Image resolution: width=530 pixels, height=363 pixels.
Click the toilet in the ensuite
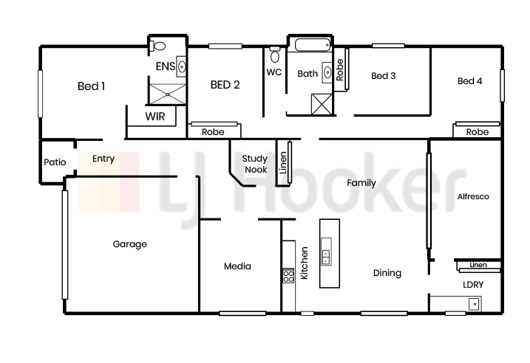(x=157, y=46)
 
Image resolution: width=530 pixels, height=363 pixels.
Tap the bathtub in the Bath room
(x=313, y=45)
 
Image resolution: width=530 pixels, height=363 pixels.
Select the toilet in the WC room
(x=275, y=55)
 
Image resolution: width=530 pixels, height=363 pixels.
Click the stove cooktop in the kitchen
(x=289, y=275)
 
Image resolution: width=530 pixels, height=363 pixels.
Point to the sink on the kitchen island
(x=326, y=252)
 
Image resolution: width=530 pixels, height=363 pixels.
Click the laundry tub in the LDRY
(x=475, y=304)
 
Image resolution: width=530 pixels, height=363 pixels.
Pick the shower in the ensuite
(x=168, y=94)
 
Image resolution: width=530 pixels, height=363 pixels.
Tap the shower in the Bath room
(x=322, y=104)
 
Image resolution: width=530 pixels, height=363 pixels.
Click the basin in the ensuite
(x=182, y=66)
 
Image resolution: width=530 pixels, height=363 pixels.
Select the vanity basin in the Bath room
(x=327, y=72)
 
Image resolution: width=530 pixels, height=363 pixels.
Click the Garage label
(x=130, y=244)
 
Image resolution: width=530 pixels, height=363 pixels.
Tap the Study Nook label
(x=255, y=164)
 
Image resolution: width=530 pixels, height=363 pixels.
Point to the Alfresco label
(x=473, y=196)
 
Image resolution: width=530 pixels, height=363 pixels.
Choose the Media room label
(x=237, y=266)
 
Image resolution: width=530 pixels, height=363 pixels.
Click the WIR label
(x=155, y=117)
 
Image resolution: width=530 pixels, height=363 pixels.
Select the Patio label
(x=55, y=162)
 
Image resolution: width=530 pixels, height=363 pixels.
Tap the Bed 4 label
(x=470, y=81)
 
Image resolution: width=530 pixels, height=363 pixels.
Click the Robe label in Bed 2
(x=213, y=132)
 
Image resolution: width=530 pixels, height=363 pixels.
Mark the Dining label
(x=387, y=273)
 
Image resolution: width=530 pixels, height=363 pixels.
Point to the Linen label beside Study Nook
(x=283, y=162)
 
